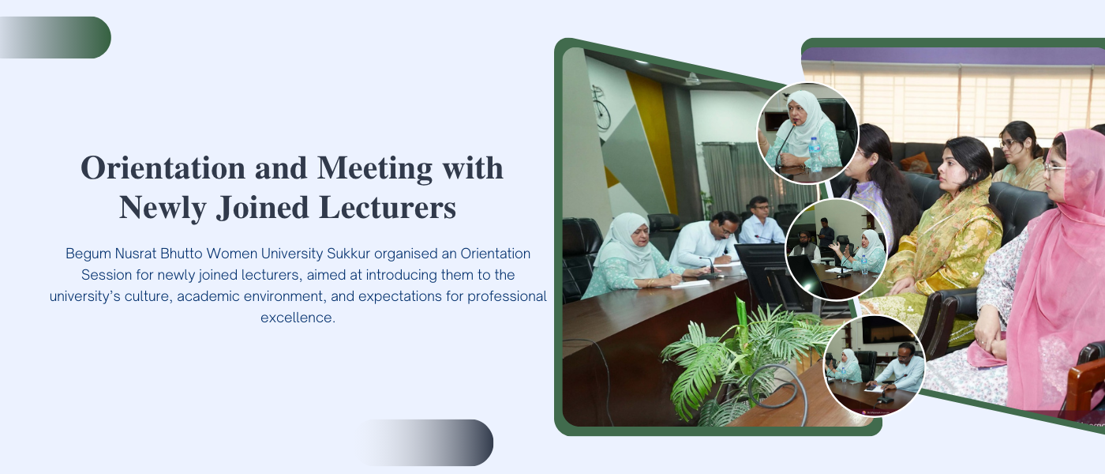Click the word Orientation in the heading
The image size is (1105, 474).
(163, 167)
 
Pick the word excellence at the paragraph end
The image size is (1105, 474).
(298, 318)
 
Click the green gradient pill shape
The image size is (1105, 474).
(55, 38)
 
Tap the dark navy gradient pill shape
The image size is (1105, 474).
(425, 442)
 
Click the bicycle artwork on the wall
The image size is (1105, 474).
(601, 108)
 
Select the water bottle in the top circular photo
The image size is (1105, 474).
(815, 154)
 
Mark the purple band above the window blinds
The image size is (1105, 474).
(952, 55)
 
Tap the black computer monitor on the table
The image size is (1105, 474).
(770, 276)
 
